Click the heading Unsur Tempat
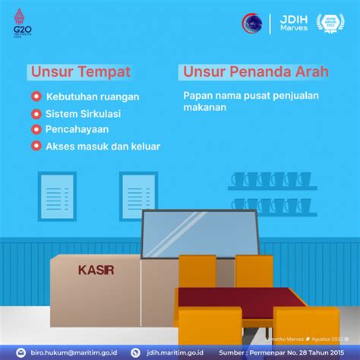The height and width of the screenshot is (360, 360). (81, 72)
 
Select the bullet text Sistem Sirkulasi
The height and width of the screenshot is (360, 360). (83, 113)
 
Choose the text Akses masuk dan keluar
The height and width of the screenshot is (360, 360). (103, 146)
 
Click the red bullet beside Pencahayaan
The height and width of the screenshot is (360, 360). (36, 129)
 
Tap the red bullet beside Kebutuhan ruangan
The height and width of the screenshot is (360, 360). (36, 97)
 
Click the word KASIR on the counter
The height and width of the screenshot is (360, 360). (96, 270)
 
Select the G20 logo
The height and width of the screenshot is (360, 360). (18, 24)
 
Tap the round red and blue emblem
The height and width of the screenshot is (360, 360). (253, 24)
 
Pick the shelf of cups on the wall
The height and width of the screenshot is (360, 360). (273, 182)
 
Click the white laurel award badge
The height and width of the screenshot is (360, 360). (333, 24)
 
